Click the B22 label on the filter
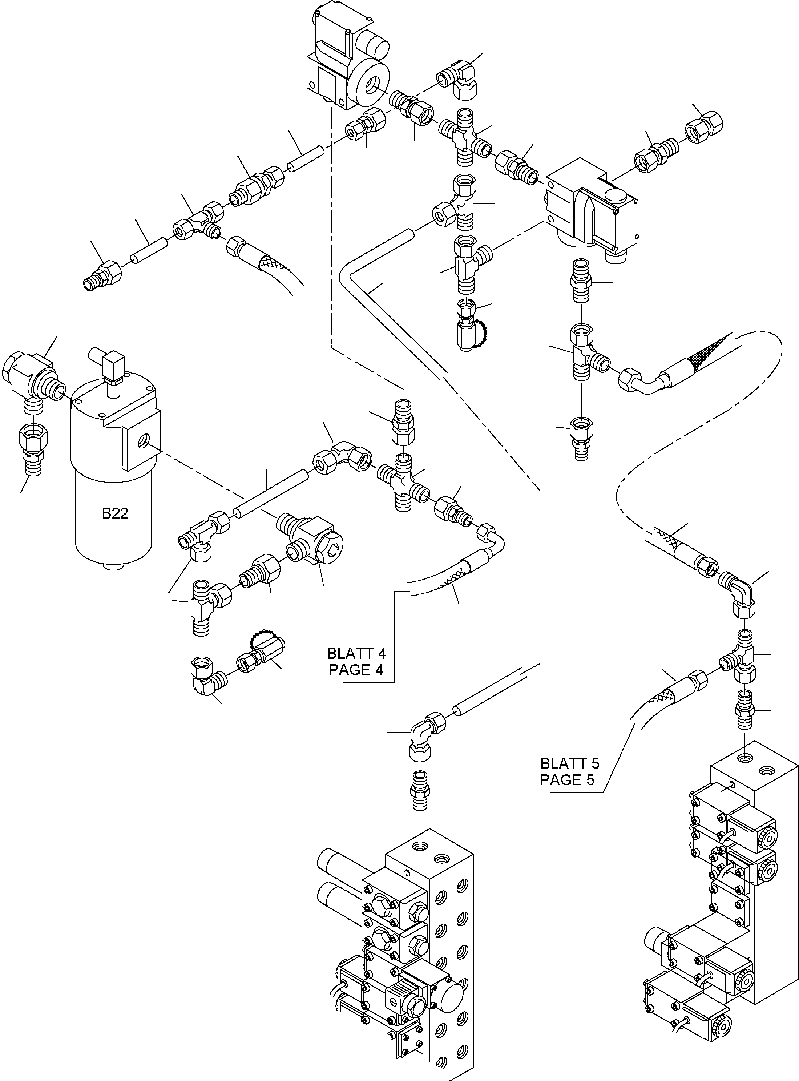coord(115,513)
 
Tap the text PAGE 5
coord(567,780)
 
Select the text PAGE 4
coord(356,670)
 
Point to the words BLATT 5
coord(570,764)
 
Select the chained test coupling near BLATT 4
coord(261,653)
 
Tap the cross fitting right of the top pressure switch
coord(465,136)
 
